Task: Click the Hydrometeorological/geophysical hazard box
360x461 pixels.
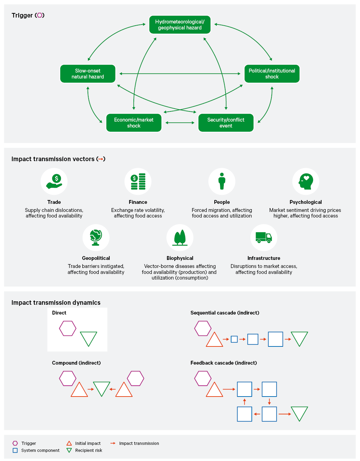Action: [180, 25]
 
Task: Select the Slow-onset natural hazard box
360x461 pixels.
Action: [88, 74]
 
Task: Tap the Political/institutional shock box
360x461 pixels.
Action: [272, 74]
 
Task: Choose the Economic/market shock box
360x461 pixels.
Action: [134, 123]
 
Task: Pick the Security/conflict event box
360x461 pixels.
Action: [226, 123]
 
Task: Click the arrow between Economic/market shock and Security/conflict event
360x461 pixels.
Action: [180, 123]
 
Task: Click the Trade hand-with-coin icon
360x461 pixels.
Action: [54, 181]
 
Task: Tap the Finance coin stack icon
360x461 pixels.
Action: [138, 181]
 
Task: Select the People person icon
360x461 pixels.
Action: [222, 181]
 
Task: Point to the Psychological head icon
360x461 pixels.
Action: [306, 181]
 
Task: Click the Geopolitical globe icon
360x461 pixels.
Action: [96, 238]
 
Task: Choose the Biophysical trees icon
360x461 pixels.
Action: [180, 238]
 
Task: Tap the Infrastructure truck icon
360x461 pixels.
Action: [264, 238]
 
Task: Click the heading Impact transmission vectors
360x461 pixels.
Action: [53, 159]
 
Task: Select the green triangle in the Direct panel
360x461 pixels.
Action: [88, 339]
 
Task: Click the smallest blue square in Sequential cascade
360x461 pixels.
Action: [234, 339]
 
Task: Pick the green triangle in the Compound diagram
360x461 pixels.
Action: [102, 389]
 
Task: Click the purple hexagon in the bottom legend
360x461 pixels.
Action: [15, 443]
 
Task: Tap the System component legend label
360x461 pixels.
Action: [40, 450]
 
